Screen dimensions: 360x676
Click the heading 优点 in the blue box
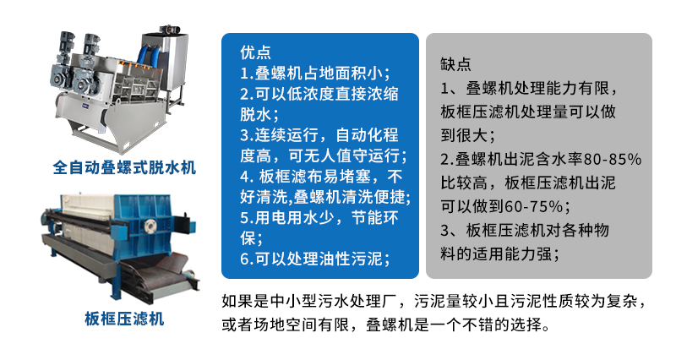point(254,52)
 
